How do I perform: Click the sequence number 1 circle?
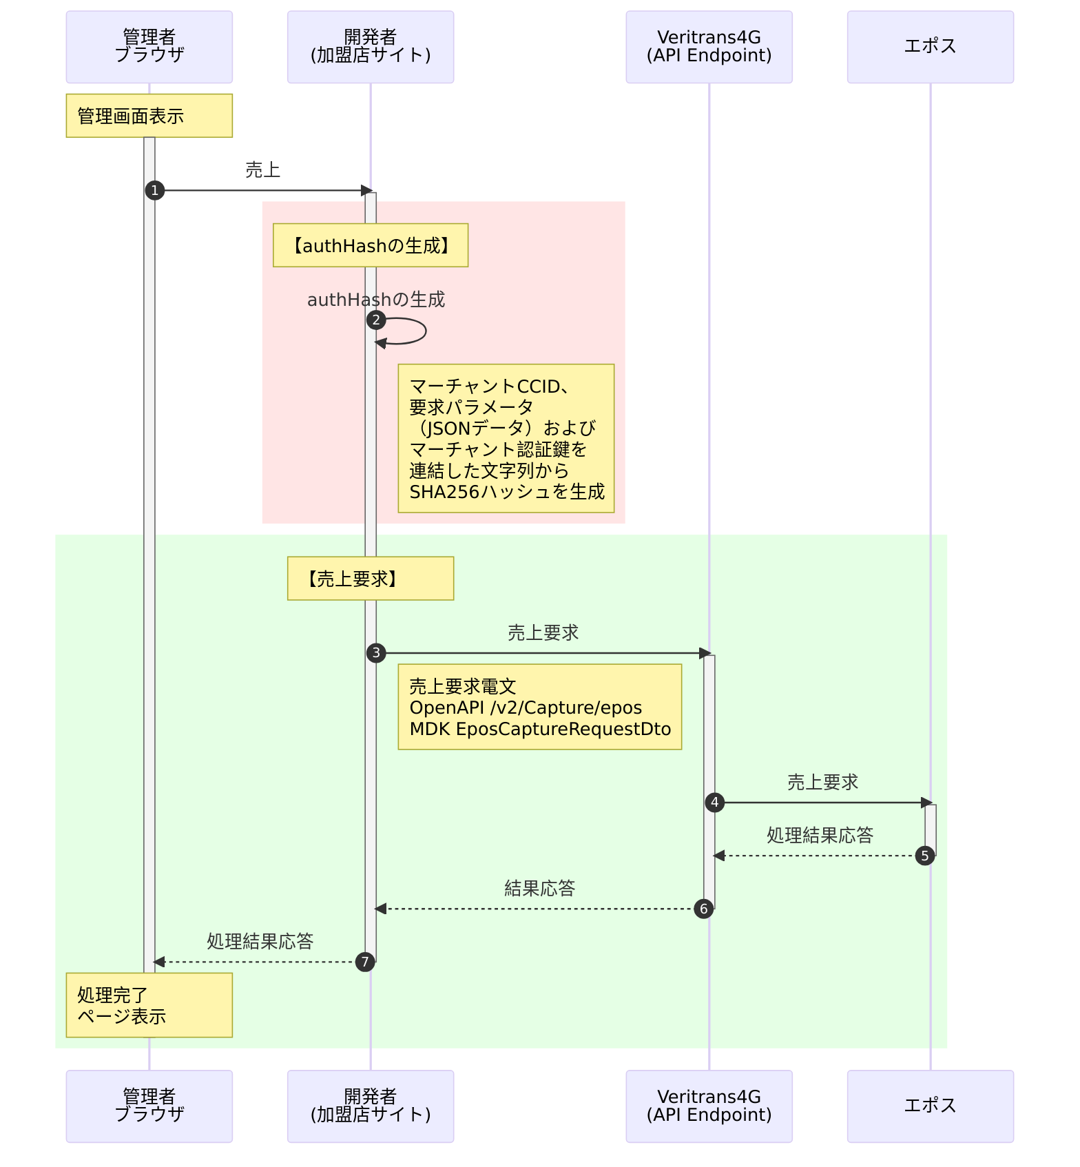tap(155, 190)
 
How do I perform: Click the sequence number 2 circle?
tap(376, 320)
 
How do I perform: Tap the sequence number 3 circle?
tap(376, 653)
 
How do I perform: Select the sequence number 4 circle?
tap(715, 803)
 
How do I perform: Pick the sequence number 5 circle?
tap(925, 856)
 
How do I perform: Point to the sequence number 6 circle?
tap(703, 909)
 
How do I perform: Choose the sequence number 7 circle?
tap(365, 962)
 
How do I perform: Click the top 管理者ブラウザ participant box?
tap(149, 47)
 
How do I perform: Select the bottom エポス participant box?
tap(930, 1106)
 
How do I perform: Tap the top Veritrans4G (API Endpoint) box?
tap(709, 47)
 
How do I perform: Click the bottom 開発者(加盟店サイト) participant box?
tap(371, 1106)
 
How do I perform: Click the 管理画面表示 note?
tap(149, 116)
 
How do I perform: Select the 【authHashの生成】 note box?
tap(371, 245)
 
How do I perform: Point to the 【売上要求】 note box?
tap(371, 579)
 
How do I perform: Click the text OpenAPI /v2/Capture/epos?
tap(526, 708)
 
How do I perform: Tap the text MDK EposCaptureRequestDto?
tap(540, 729)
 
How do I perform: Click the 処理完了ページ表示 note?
tap(149, 1005)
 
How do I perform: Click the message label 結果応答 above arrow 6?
tap(539, 889)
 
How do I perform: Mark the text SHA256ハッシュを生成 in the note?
tap(507, 492)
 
